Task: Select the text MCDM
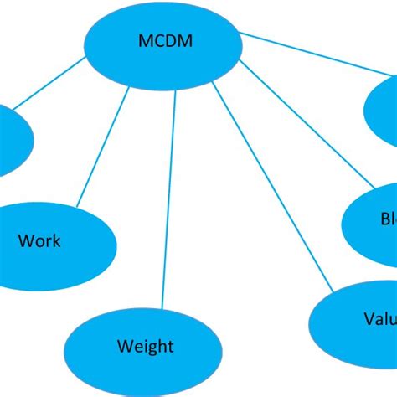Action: click(163, 39)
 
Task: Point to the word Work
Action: click(39, 242)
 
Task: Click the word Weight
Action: click(145, 346)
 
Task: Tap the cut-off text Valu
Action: click(379, 319)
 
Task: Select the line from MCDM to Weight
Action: click(170, 197)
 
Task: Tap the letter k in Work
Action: click(56, 242)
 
